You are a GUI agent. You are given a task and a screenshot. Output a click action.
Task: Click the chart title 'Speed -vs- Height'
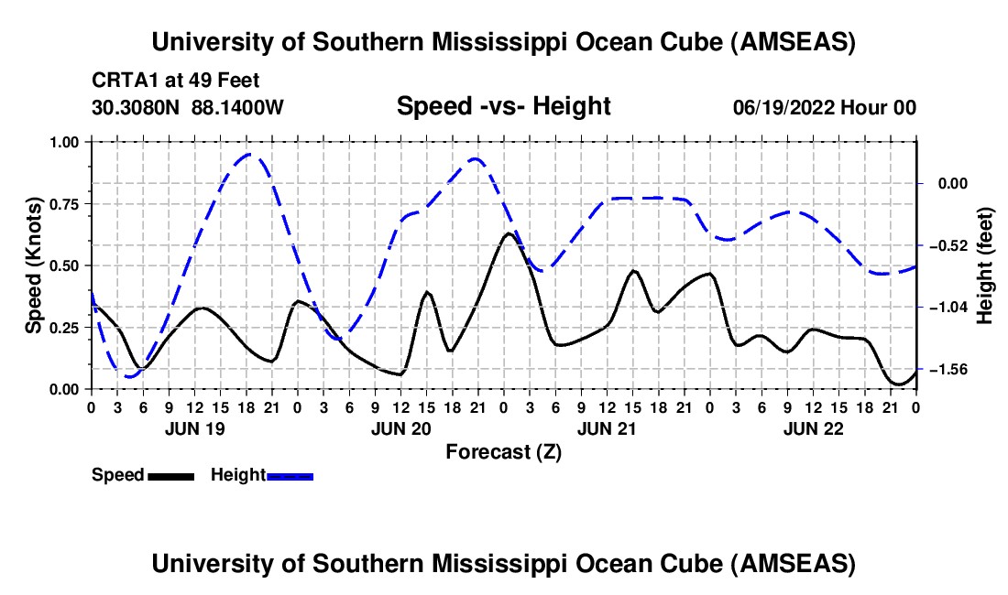pos(503,106)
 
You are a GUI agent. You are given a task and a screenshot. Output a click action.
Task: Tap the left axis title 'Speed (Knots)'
pos(34,265)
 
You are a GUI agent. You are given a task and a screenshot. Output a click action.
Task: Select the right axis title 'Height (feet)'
pos(985,265)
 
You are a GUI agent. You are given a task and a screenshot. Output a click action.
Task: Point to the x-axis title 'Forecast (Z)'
pos(503,451)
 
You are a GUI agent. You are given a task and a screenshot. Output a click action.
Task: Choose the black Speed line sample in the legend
pos(170,476)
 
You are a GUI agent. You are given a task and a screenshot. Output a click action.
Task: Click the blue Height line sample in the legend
pos(290,476)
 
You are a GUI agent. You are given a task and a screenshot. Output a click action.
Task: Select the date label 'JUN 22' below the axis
pos(812,427)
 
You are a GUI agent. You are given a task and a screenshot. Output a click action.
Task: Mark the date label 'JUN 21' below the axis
pos(606,427)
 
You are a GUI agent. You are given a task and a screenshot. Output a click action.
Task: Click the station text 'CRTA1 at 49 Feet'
pos(169,81)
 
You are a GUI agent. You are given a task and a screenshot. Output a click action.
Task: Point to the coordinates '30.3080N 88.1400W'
pos(188,107)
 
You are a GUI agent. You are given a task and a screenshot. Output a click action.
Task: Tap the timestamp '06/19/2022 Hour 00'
pos(825,107)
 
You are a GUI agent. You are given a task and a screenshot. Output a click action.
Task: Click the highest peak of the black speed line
pos(508,233)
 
